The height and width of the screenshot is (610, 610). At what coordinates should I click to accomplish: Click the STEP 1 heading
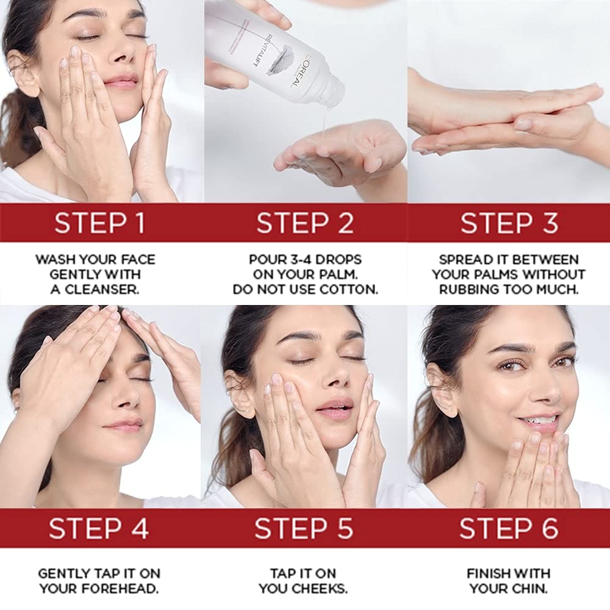point(100,223)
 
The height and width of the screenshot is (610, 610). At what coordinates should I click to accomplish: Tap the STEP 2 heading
point(305,223)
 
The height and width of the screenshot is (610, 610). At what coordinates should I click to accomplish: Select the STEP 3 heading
point(509,223)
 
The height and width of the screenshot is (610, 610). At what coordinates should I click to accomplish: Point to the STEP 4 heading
point(99,529)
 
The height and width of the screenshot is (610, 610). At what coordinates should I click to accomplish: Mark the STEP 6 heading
point(509,529)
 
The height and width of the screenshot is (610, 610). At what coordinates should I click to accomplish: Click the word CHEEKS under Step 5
point(321,589)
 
